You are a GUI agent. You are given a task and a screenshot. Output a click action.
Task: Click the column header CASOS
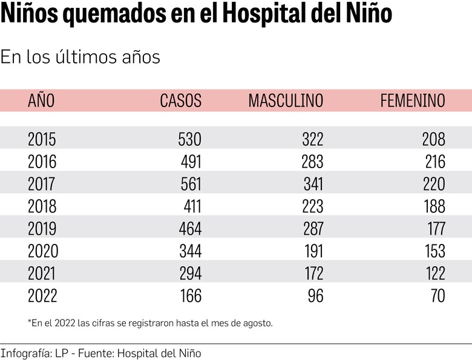180,100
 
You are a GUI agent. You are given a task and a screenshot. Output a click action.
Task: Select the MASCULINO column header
286,100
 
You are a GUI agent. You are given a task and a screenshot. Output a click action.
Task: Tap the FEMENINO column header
412,100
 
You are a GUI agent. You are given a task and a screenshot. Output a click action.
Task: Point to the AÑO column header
41,100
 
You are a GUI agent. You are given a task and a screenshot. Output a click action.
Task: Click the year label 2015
42,139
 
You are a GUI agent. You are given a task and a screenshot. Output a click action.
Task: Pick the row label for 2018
42,206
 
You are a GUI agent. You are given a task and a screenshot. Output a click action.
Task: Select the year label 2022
42,296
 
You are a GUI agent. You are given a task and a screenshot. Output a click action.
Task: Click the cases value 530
189,139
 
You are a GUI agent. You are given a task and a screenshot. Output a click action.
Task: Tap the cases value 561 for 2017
189,184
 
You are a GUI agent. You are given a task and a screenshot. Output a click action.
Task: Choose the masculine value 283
313,162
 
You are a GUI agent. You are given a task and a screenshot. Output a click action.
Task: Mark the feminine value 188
434,206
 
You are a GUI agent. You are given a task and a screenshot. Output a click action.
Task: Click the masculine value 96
316,296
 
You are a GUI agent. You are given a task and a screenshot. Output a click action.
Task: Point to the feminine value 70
438,296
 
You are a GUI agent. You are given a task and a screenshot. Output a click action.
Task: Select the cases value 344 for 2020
189,251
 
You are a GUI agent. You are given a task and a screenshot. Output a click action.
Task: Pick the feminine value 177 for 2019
434,229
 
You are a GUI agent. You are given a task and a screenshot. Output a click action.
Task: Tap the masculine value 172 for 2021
313,273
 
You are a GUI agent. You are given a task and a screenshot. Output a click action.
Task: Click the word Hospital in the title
266,15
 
